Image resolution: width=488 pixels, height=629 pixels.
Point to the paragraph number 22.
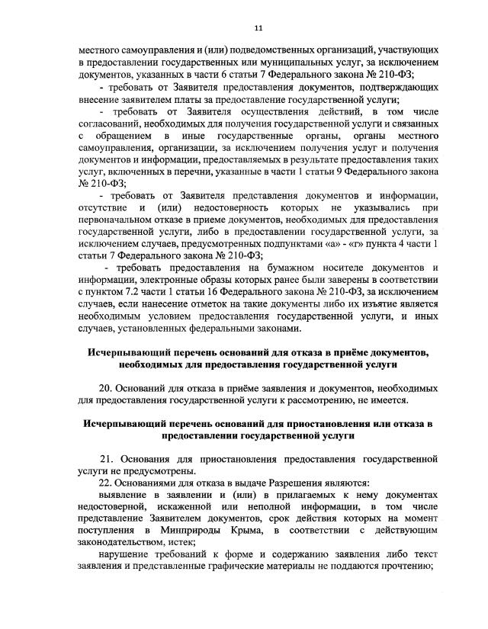108,482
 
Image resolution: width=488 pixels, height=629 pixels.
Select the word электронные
169,280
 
